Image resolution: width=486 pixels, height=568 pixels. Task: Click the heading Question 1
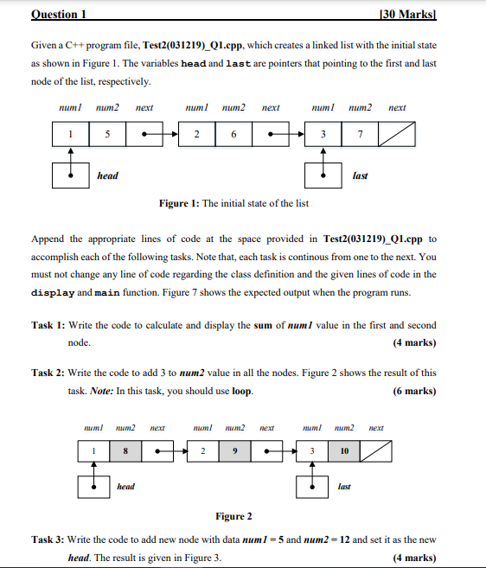click(x=61, y=14)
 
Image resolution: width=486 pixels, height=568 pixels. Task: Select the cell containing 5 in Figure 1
click(x=107, y=135)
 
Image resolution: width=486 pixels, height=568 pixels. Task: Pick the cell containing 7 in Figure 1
click(x=360, y=135)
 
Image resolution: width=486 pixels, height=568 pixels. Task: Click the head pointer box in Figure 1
click(x=70, y=176)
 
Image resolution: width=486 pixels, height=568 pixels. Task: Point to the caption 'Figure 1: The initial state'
click(x=233, y=203)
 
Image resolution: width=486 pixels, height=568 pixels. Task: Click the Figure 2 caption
click(x=233, y=516)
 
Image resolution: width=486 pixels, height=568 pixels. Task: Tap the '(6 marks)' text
click(x=414, y=391)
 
